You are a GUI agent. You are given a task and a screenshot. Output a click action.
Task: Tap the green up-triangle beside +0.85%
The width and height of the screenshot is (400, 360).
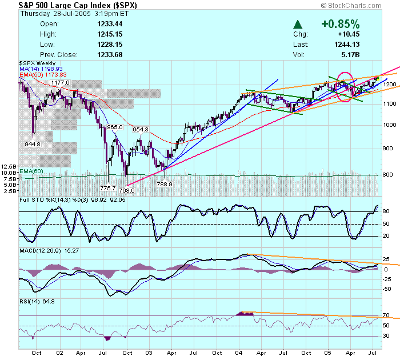(x=298, y=25)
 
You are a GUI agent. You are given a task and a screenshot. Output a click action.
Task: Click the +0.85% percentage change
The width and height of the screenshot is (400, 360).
(x=341, y=24)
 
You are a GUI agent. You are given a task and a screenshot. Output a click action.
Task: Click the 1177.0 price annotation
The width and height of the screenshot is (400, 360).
(x=60, y=83)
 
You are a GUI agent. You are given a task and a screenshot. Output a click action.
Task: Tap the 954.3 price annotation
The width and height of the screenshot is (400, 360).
(x=141, y=130)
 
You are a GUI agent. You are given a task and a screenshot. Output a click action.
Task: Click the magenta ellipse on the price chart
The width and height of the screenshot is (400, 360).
(x=345, y=86)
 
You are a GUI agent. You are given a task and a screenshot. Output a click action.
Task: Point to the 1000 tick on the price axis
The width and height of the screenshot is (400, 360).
(x=390, y=125)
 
